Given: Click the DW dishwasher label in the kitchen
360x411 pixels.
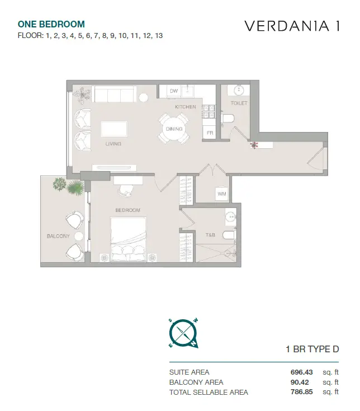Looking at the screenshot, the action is (x=174, y=91).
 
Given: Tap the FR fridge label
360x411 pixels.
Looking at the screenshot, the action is (x=210, y=133).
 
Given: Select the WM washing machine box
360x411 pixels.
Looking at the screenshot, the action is (x=222, y=194).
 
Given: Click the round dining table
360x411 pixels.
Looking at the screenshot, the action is (x=174, y=129).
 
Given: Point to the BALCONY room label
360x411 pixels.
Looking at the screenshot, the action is (x=58, y=236).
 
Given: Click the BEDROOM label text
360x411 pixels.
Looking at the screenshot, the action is (x=128, y=210).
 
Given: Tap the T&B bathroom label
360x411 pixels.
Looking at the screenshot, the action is (x=210, y=235).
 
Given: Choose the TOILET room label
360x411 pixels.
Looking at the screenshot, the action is (x=239, y=103).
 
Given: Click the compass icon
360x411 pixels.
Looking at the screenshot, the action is (x=183, y=333).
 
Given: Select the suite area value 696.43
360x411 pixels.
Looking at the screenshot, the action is (x=301, y=372).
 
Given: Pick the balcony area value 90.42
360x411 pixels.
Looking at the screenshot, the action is (x=300, y=382).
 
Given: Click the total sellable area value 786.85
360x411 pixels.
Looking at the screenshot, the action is (x=301, y=392).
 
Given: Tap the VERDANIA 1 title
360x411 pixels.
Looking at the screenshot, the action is (x=292, y=26).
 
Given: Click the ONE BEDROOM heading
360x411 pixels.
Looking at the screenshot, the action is (x=51, y=24).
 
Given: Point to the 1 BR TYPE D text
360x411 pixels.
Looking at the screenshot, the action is (x=312, y=349).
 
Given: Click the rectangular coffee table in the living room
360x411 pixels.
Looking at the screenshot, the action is (x=114, y=129).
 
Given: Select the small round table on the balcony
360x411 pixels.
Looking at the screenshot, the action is (x=79, y=236).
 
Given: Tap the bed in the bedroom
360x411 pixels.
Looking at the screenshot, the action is (x=129, y=239).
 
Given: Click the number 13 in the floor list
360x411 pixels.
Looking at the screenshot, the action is (x=159, y=35).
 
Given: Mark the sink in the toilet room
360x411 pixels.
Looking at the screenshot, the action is (x=239, y=91).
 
